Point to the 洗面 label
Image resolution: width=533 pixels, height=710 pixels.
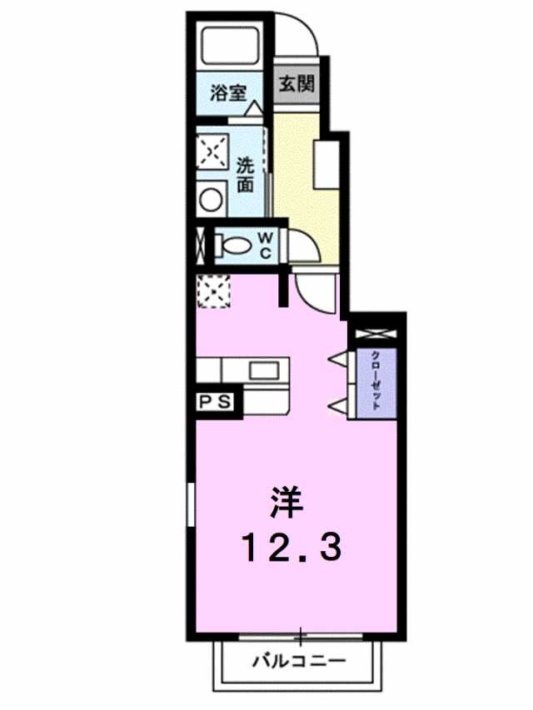(x=245, y=175)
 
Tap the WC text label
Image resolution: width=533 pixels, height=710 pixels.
(x=265, y=246)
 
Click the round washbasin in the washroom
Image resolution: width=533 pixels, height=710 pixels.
(x=212, y=199)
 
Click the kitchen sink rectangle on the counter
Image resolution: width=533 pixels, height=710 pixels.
(x=265, y=370)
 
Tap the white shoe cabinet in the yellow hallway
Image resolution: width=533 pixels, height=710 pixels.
(x=326, y=164)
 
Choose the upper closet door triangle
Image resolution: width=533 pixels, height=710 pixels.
(x=340, y=359)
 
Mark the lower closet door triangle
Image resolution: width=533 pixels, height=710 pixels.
(x=340, y=405)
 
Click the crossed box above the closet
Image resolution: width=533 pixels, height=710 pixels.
(x=376, y=334)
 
